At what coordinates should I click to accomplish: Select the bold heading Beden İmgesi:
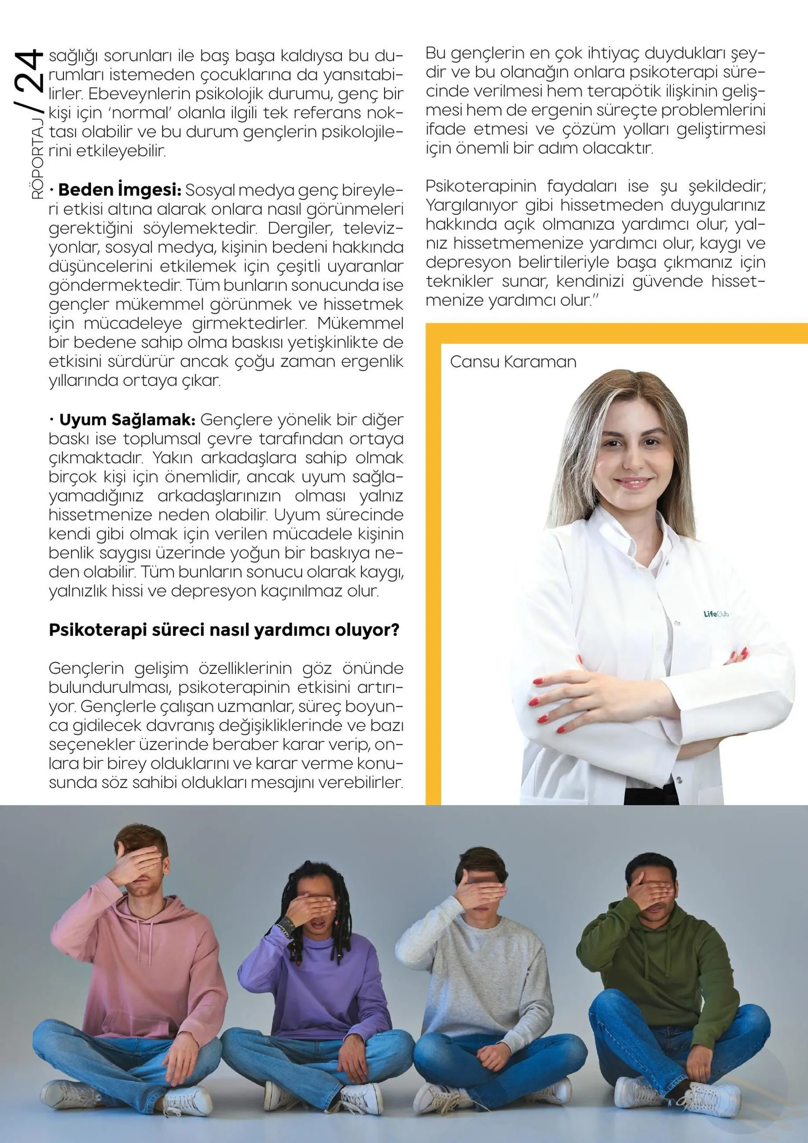[x=119, y=190]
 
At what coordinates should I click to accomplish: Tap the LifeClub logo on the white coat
[x=716, y=614]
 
